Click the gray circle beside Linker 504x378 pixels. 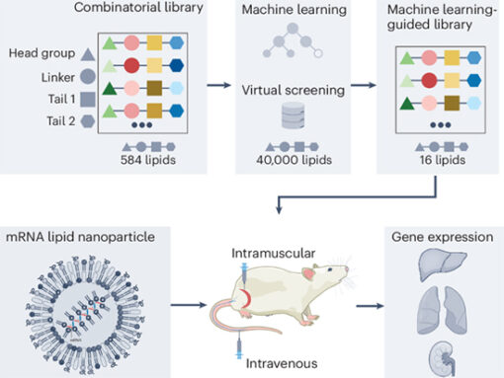coord(90,76)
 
